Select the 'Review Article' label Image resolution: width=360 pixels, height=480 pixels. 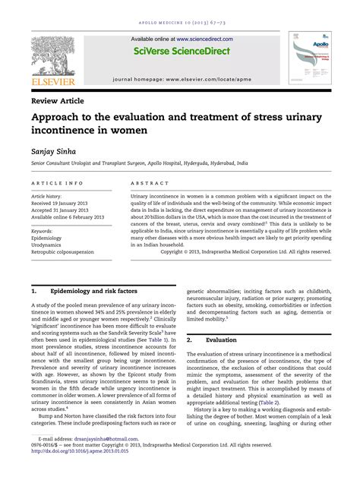coord(58,100)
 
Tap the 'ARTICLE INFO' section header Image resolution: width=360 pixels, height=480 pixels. coord(58,184)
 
